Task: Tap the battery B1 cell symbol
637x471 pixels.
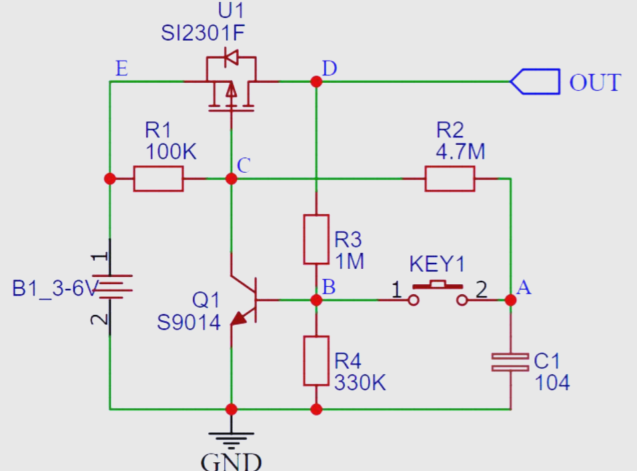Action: [115, 287]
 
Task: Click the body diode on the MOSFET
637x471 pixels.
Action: [231, 57]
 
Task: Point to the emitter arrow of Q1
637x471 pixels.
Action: [239, 318]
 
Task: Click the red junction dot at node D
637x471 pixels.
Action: [316, 81]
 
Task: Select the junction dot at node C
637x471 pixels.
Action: [231, 178]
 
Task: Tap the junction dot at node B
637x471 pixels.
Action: [316, 300]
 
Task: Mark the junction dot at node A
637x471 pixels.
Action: [510, 300]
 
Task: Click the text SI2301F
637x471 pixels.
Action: [203, 33]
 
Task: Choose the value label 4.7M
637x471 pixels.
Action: [460, 151]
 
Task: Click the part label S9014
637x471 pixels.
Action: [189, 323]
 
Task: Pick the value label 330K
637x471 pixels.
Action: [360, 383]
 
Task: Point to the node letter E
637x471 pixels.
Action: [122, 68]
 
